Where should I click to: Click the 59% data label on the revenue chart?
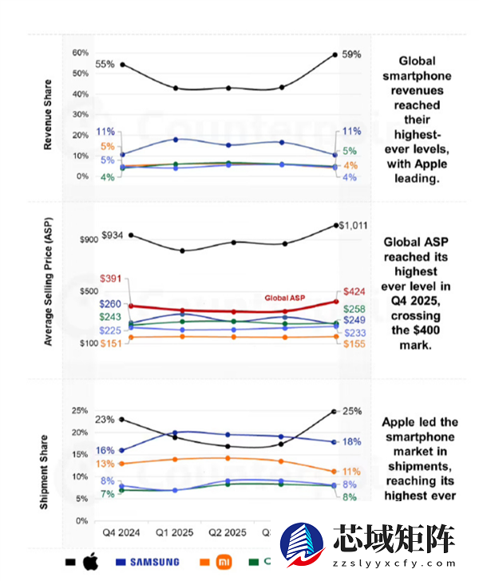352,54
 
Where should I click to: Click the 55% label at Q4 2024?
105,64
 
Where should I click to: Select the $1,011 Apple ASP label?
353,226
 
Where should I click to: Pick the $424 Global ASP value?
354,292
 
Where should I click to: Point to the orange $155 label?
354,343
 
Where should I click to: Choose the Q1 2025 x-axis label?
176,532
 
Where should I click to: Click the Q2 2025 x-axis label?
228,532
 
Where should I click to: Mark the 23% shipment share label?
105,420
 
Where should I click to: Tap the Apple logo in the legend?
89,561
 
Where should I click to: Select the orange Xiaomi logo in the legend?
227,562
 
